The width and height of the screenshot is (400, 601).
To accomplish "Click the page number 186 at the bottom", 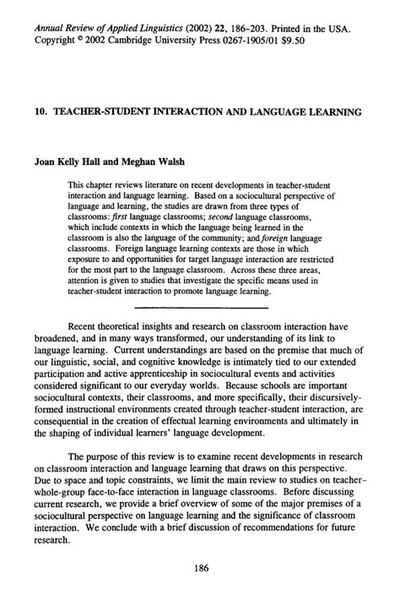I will (x=201, y=568).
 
